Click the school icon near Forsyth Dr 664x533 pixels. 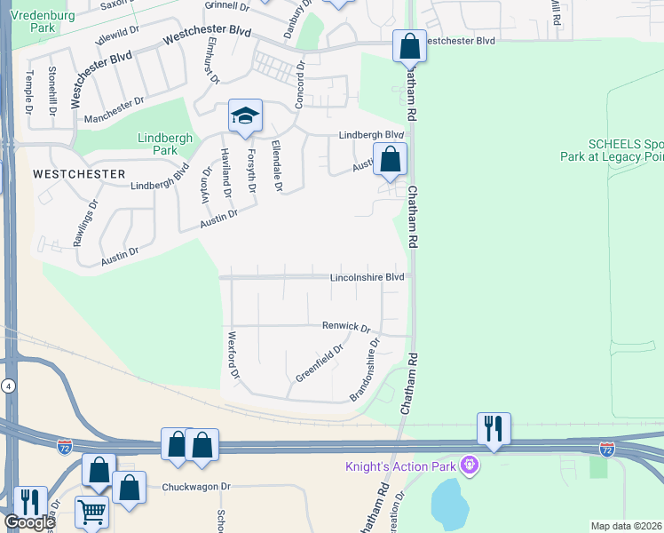click(245, 115)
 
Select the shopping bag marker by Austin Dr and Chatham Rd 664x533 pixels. click(390, 160)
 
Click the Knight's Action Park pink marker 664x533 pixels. click(470, 465)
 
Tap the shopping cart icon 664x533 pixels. click(91, 512)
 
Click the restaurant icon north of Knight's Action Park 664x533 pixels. click(494, 429)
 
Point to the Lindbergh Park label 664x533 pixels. click(159, 144)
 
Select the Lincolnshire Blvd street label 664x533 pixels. click(367, 277)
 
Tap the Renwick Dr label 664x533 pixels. click(346, 327)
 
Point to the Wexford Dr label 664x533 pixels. click(233, 356)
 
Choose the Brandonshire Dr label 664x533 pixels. click(366, 369)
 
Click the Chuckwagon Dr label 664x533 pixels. click(195, 487)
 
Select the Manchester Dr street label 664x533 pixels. click(114, 111)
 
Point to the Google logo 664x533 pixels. click(29, 521)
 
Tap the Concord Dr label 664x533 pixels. click(300, 85)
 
